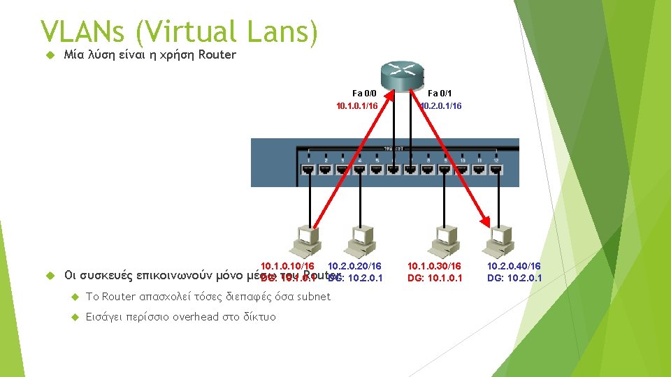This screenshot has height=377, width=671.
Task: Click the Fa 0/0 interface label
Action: pos(364,93)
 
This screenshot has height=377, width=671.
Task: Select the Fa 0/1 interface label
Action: pos(440,93)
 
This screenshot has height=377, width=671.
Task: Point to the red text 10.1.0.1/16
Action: pos(356,106)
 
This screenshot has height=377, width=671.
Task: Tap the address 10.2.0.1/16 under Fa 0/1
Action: pos(441,106)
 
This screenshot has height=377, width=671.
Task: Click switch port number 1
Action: pos(308,168)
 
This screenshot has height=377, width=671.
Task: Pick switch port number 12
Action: pos(496,168)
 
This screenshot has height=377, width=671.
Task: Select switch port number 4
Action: pos(359,168)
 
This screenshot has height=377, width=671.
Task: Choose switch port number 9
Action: pos(445,168)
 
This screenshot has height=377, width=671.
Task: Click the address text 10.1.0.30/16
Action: pos(435,266)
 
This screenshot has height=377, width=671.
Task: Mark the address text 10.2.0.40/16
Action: pos(514,266)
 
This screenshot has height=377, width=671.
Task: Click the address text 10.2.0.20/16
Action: pos(354,266)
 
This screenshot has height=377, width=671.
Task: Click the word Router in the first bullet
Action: pos(218,55)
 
